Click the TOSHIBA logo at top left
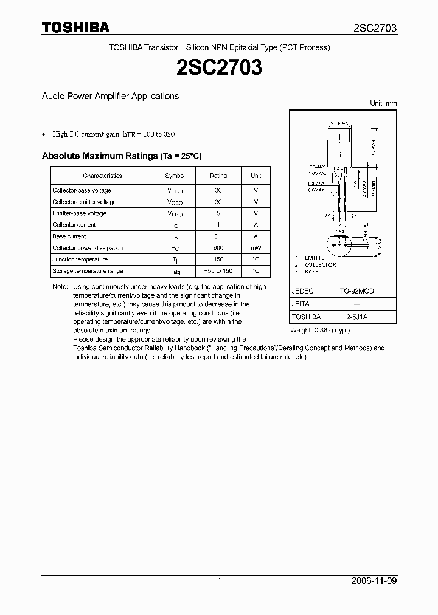[x=75, y=27]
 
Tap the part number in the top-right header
[x=375, y=28]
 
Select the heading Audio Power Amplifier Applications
[x=110, y=96]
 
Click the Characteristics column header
[x=102, y=176]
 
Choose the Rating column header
[x=218, y=176]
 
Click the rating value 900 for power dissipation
[x=218, y=248]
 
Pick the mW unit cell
[x=256, y=248]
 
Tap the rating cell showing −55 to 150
[x=218, y=271]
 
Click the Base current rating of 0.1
[x=218, y=236]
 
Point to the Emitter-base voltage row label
[x=79, y=213]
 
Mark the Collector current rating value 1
[x=218, y=225]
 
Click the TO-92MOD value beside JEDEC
[x=357, y=291]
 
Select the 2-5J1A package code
[x=357, y=317]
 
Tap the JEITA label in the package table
[x=301, y=304]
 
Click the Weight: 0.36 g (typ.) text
[x=320, y=330]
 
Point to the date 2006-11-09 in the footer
[x=375, y=581]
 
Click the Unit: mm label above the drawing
[x=383, y=103]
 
